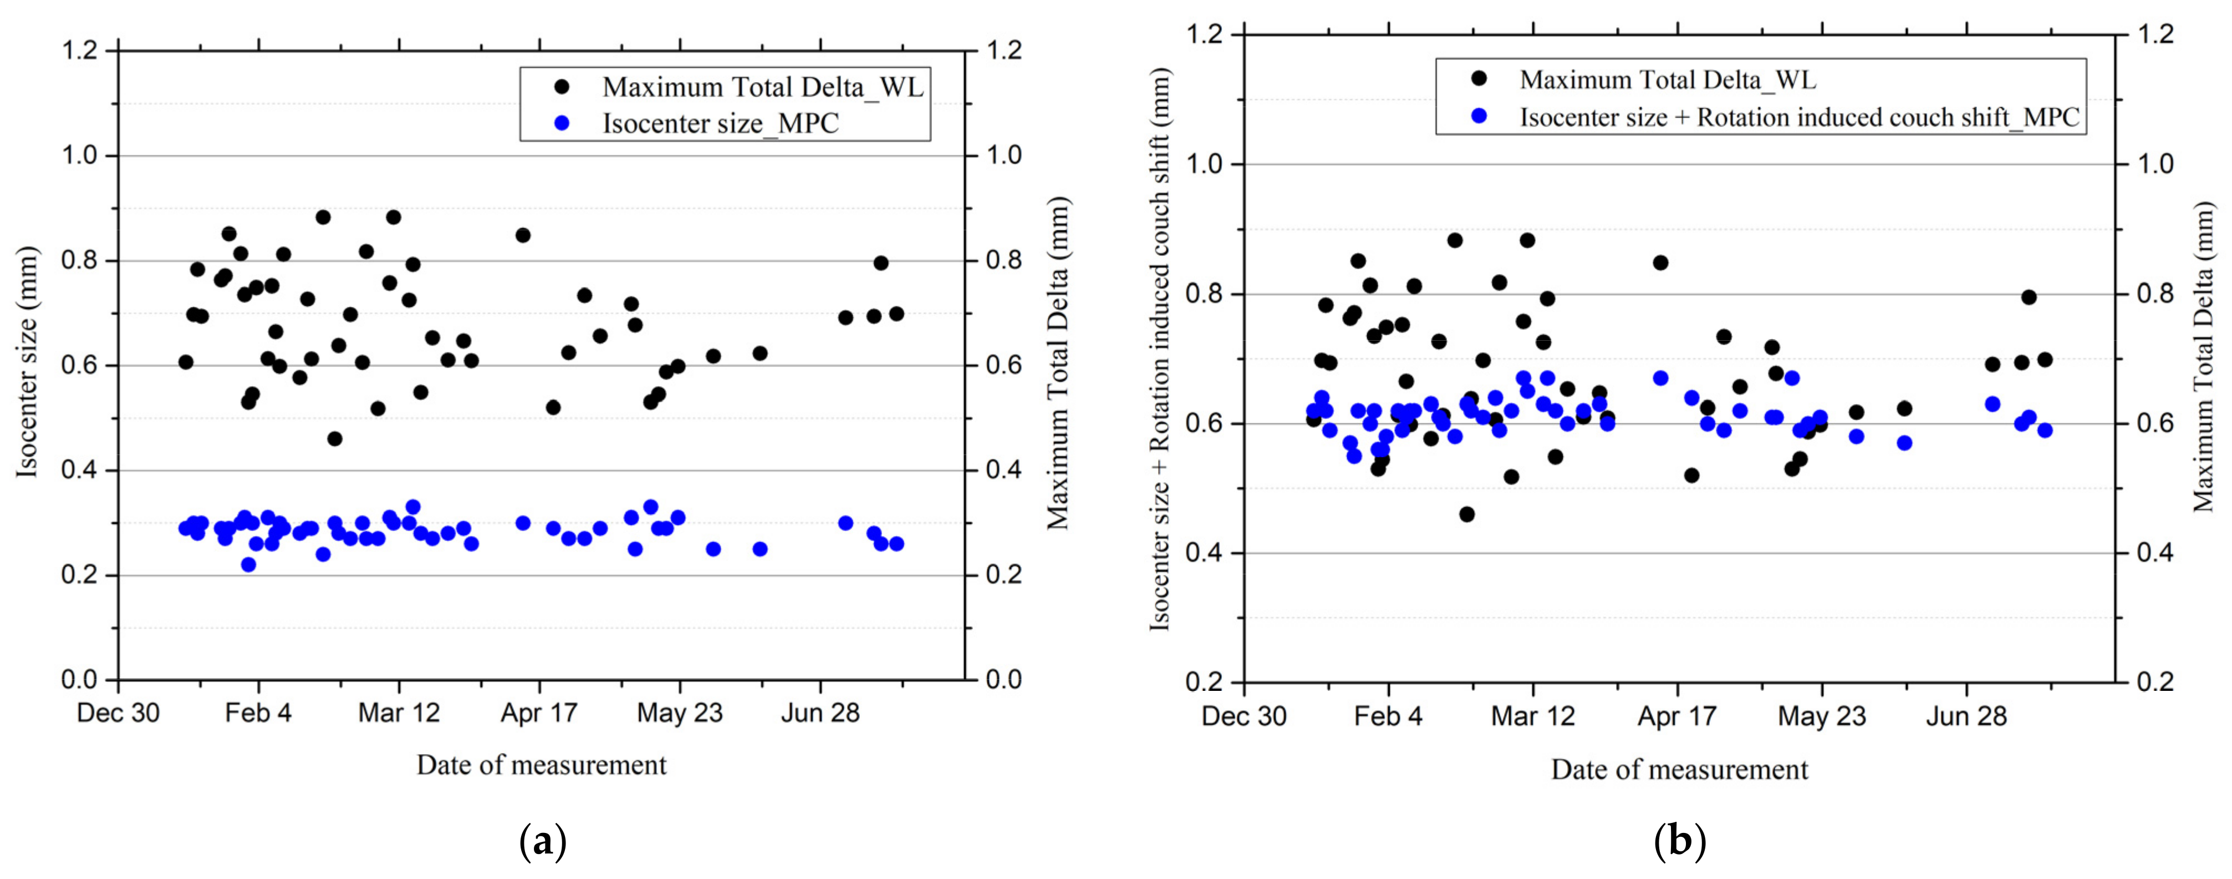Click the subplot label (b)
tap(1680, 841)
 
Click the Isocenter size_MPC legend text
tap(720, 123)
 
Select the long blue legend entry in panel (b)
tap(1799, 117)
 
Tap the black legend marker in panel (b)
tap(1479, 79)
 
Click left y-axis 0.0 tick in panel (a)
tap(80, 680)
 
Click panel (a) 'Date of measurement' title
tap(542, 765)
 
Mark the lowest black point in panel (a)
tap(334, 438)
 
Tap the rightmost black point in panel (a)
tap(896, 314)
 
